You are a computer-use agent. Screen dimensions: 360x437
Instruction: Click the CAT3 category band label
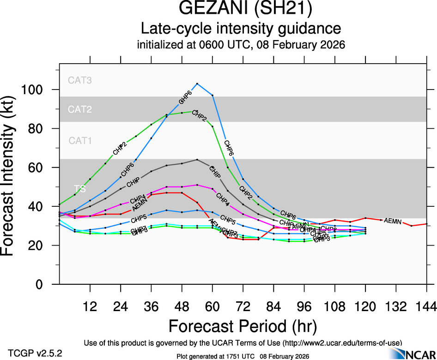pos(80,80)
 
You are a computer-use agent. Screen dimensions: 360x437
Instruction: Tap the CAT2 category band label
pos(80,109)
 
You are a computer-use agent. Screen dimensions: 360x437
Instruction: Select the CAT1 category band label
pos(80,140)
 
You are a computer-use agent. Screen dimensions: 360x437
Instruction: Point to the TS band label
pos(79,188)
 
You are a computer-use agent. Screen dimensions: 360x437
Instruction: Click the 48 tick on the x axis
pos(182,306)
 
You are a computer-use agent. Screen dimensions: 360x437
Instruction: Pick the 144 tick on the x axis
pos(426,306)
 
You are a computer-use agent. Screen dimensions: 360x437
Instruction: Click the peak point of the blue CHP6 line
pos(197,84)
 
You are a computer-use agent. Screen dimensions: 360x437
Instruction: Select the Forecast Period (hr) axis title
pos(243,326)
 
